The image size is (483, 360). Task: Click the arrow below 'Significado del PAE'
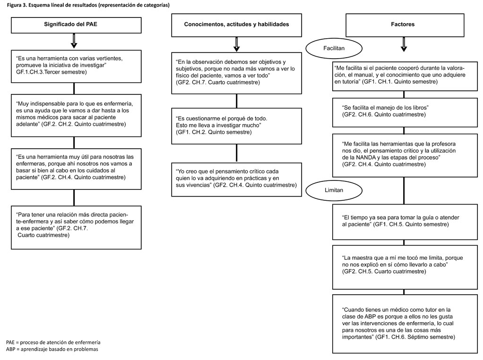pos(74,41)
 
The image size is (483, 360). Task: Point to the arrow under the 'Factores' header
pos(404,44)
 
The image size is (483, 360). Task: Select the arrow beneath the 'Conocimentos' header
pos(237,44)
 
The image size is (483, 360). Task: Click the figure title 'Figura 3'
pos(17,5)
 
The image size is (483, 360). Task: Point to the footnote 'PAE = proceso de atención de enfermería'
pos(53,342)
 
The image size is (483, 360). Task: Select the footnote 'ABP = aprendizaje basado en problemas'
pos(52,349)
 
